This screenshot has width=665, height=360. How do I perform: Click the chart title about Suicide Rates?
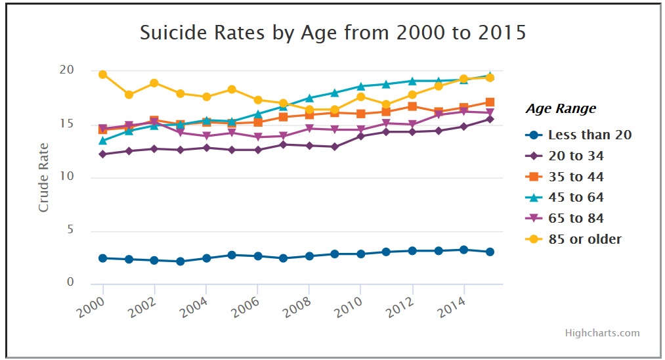[x=333, y=33]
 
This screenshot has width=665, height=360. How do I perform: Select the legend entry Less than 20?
[x=590, y=135]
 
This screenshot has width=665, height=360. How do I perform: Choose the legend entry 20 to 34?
[x=576, y=156]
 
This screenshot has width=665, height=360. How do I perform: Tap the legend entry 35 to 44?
[x=576, y=177]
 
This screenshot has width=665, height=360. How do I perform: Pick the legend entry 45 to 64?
[x=576, y=198]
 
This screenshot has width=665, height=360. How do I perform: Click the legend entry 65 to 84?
[x=576, y=218]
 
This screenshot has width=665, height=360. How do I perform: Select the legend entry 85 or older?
[x=584, y=239]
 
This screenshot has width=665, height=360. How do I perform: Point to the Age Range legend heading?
[x=561, y=109]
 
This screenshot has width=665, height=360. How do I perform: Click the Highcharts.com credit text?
[x=602, y=333]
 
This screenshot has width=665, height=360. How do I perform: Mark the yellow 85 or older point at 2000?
[x=103, y=75]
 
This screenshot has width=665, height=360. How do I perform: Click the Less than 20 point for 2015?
[x=490, y=252]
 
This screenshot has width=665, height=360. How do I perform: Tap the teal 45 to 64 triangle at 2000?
[x=103, y=141]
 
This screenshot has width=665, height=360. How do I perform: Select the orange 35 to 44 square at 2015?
[x=490, y=102]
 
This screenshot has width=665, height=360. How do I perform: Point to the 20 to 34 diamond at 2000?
[x=103, y=154]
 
